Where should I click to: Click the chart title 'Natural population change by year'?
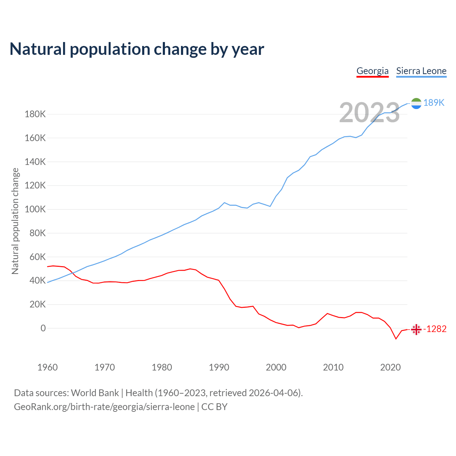click(x=137, y=49)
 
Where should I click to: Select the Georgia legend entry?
click(x=372, y=71)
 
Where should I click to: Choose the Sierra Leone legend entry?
click(x=421, y=71)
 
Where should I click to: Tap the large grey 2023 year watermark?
click(x=369, y=113)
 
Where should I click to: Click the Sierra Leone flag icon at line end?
click(x=416, y=103)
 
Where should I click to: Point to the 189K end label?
click(x=434, y=103)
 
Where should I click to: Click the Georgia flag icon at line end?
click(x=416, y=330)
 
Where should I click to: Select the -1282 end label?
click(x=435, y=329)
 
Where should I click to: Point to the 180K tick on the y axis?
click(x=35, y=114)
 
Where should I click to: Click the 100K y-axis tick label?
click(x=35, y=209)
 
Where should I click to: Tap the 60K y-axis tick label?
click(x=37, y=257)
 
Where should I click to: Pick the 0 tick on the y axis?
click(x=43, y=328)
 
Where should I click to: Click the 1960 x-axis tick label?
click(x=47, y=367)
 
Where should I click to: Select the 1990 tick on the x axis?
click(x=219, y=367)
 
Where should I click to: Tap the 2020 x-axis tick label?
click(x=390, y=367)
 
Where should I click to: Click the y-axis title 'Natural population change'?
click(x=15, y=221)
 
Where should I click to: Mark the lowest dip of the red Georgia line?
click(x=396, y=339)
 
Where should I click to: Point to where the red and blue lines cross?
click(x=73, y=273)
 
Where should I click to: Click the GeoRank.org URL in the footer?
click(x=104, y=407)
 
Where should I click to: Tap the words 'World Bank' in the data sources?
click(x=95, y=393)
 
